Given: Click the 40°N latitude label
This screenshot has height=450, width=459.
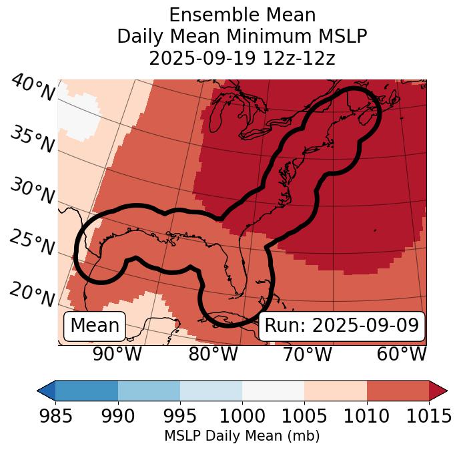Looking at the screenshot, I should click(x=33, y=89).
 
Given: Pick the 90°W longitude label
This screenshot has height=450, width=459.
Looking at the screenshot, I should click(x=117, y=354).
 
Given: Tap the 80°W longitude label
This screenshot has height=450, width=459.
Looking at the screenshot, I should click(x=213, y=354).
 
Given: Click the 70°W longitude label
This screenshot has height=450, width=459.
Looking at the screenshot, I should click(x=307, y=354).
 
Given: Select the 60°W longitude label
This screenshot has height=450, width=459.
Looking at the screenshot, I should click(x=401, y=354).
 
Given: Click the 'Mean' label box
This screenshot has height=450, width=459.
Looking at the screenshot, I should click(x=95, y=326).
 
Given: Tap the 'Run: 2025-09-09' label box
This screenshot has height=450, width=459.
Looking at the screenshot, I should click(x=342, y=326).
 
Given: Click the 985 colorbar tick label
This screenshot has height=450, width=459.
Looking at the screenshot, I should click(x=55, y=417).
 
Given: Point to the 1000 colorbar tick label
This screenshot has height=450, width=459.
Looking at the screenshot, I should click(x=242, y=417).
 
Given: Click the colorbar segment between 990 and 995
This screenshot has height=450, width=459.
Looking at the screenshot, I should click(x=149, y=391).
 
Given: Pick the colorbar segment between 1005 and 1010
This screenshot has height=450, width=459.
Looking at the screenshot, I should click(x=336, y=391).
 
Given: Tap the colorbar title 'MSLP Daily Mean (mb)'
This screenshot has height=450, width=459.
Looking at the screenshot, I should click(x=242, y=437).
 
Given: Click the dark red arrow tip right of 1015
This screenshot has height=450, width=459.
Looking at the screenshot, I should click(x=438, y=391).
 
